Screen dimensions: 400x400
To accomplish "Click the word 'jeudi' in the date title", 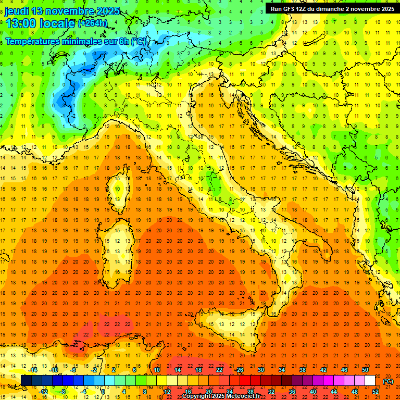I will (x=16, y=11).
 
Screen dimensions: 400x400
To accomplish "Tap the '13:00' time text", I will (x=20, y=23).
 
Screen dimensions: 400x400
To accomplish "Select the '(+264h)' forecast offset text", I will (x=93, y=23).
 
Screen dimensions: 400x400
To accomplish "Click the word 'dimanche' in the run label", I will (x=339, y=8).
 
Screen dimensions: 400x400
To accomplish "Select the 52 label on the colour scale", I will (x=375, y=392).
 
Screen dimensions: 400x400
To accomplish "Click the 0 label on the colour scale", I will (x=103, y=392).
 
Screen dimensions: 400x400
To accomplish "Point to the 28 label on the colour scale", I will (x=250, y=392).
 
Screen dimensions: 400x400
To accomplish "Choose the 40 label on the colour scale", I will (x=312, y=392).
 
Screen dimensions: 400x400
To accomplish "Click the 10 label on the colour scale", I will (x=156, y=370).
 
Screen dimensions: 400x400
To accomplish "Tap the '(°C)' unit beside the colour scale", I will (x=388, y=381).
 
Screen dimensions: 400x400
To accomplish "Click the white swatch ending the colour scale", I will (x=370, y=381).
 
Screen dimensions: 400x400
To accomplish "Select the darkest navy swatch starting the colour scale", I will (x=26, y=381).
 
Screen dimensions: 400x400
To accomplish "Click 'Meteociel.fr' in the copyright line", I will (x=241, y=396).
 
